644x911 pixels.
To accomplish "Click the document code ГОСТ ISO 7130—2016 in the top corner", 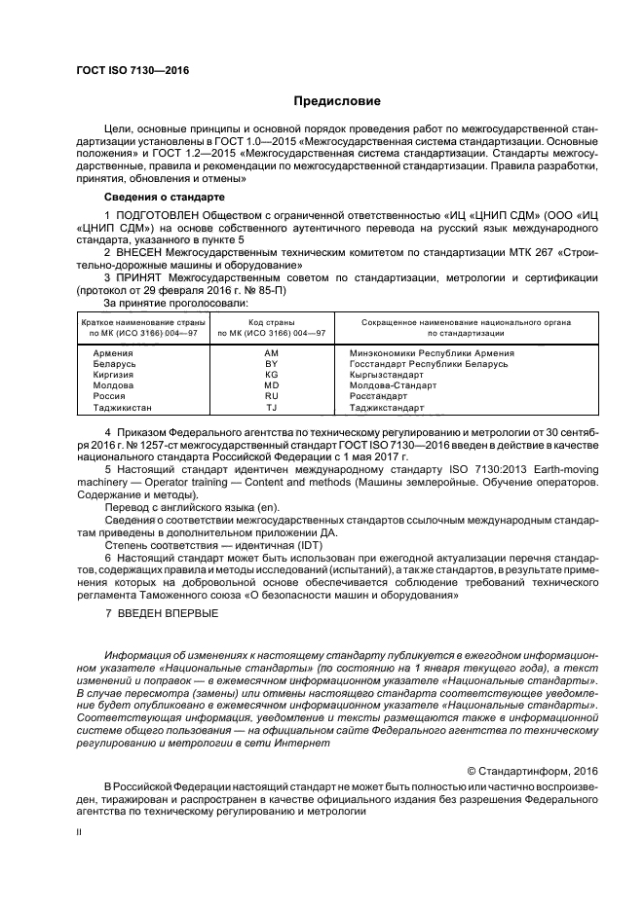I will point(133,70).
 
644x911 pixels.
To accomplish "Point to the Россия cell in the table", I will point(109,396).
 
